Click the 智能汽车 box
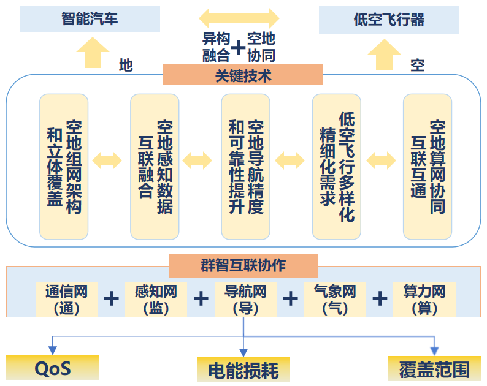pyautogui.click(x=90, y=19)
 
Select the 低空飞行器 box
pyautogui.click(x=389, y=20)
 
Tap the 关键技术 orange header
pyautogui.click(x=243, y=75)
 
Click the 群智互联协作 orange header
pyautogui.click(x=243, y=266)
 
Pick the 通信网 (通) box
pyautogui.click(x=66, y=299)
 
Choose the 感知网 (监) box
pyautogui.click(x=156, y=299)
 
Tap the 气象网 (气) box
pyautogui.click(x=335, y=299)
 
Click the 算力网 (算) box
pyautogui.click(x=424, y=299)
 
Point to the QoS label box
pyautogui.click(x=53, y=368)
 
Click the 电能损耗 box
pyautogui.click(x=243, y=370)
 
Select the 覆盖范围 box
pyautogui.click(x=434, y=369)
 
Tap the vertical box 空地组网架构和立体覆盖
pyautogui.click(x=64, y=166)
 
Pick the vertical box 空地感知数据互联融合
pyautogui.click(x=155, y=166)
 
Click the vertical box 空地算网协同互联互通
pyautogui.click(x=428, y=166)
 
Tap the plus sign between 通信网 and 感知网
pyautogui.click(x=111, y=298)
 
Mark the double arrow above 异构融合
pyautogui.click(x=239, y=17)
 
